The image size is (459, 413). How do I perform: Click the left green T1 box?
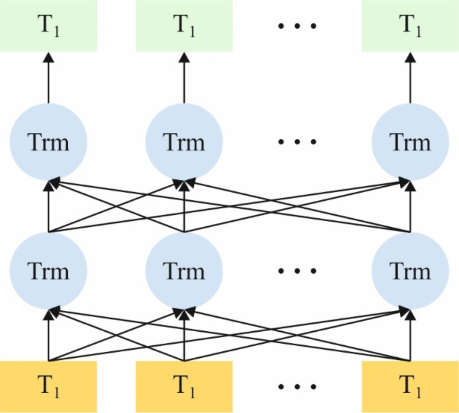coord(48,26)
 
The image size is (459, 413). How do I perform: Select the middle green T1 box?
coord(184,26)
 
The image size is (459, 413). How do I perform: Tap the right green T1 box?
coord(410,26)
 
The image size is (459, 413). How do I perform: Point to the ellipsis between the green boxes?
coord(297,26)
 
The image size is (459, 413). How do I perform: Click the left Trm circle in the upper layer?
coord(48,142)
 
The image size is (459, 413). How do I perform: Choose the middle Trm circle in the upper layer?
coord(184,142)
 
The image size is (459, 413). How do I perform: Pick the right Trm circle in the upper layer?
coord(410,142)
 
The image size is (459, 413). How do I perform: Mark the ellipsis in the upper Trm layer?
coord(297,142)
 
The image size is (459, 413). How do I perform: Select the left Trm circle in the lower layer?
coord(48,271)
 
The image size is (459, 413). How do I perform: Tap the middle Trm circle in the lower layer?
coord(184,271)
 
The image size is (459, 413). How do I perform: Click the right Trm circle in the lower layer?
coord(410,271)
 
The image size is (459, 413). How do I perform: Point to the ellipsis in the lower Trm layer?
coord(297,271)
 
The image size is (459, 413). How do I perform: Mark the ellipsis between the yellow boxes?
coord(297,387)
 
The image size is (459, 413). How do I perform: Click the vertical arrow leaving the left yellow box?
coord(48,336)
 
